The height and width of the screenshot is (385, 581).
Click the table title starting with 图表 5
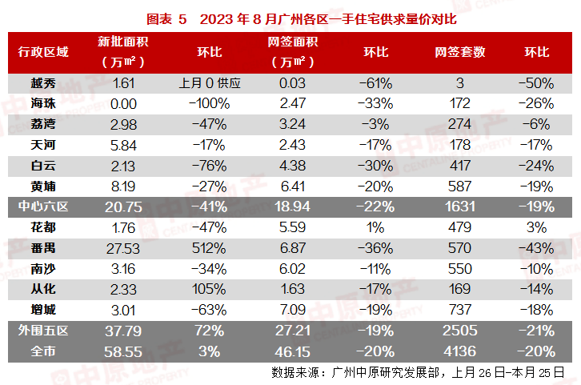coord(290,18)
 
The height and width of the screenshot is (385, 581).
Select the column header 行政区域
coord(44,52)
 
